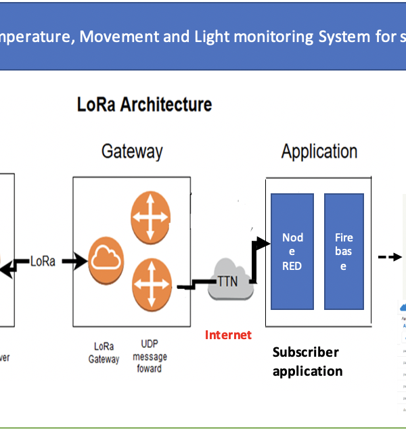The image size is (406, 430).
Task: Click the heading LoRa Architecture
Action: pos(144,104)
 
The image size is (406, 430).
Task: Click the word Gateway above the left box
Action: pos(132,151)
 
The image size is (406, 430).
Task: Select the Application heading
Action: pos(319,151)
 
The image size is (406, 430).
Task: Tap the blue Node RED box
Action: pos(292,251)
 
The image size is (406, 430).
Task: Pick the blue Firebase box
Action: pos(344,251)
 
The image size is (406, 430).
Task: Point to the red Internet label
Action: pos(228,334)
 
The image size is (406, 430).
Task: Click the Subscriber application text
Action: pos(307,361)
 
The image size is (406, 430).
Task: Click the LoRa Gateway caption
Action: pos(104,353)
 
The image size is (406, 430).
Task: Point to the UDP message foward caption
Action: pos(150,357)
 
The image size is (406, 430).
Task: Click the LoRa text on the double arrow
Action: pos(43,261)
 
